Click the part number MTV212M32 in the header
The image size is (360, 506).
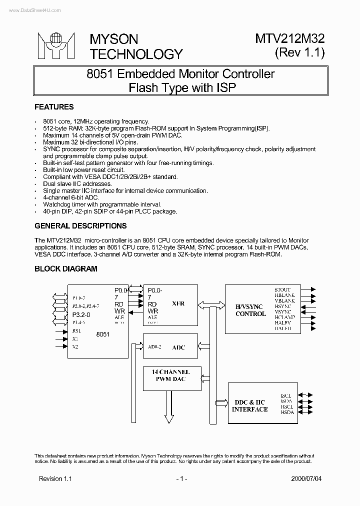coord(290,39)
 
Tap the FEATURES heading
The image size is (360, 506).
coord(53,107)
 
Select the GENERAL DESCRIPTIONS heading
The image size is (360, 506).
coord(80,225)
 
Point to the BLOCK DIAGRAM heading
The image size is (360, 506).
coord(65,268)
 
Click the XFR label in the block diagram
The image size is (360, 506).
coord(178,303)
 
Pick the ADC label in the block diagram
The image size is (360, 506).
coord(178,347)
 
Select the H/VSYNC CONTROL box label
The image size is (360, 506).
coord(250,310)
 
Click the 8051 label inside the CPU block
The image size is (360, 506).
coord(102,333)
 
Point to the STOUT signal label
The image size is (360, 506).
coord(282,289)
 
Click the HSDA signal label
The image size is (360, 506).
coord(287,413)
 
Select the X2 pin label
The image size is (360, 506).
coord(75,346)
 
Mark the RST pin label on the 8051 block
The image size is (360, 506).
coord(76,330)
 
